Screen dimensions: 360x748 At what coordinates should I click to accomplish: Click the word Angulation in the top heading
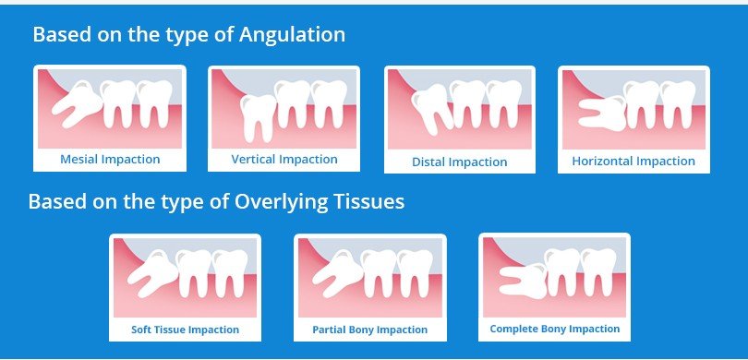click(293, 35)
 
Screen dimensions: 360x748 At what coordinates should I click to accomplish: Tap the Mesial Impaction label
click(110, 159)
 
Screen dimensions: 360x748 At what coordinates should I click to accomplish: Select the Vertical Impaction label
click(284, 159)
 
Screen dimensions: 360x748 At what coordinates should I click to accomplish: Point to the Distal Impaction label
click(460, 162)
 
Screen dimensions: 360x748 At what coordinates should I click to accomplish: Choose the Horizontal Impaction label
click(633, 161)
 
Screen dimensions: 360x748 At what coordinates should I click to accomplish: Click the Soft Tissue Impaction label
click(186, 330)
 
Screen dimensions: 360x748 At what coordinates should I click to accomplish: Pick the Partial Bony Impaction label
click(369, 330)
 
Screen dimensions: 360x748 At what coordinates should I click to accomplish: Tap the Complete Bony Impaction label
click(555, 329)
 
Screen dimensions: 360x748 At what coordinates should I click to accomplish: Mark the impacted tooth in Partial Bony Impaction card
click(333, 274)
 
